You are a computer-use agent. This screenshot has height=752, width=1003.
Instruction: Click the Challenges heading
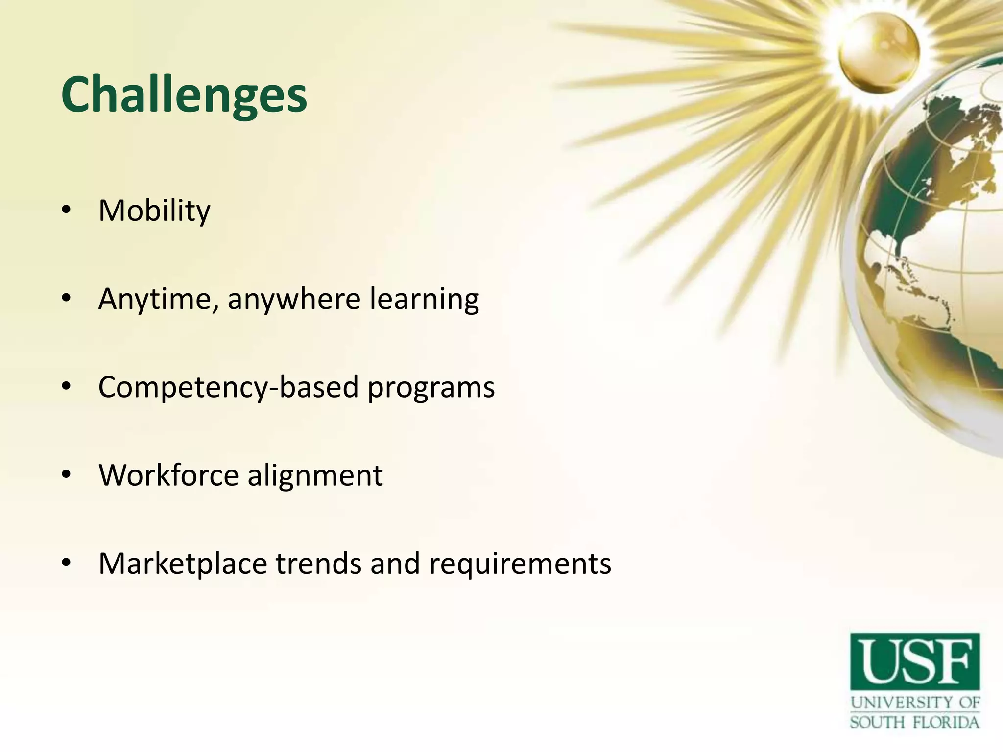[x=184, y=95]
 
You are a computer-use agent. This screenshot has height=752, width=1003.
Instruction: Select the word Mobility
[x=154, y=211]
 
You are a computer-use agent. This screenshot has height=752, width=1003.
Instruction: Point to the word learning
[x=424, y=299]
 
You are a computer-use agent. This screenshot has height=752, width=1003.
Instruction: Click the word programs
[x=431, y=388]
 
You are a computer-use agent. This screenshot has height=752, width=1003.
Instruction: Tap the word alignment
[x=315, y=475]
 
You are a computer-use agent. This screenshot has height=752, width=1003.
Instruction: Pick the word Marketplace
[x=183, y=564]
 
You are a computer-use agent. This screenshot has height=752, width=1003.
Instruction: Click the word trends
[x=318, y=564]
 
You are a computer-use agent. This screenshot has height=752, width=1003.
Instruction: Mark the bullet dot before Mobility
[x=67, y=211]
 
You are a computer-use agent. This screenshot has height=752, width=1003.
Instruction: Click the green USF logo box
[x=915, y=661]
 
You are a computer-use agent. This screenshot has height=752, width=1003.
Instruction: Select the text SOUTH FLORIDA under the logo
[x=914, y=722]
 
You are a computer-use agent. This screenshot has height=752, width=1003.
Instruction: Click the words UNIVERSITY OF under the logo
[x=915, y=703]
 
